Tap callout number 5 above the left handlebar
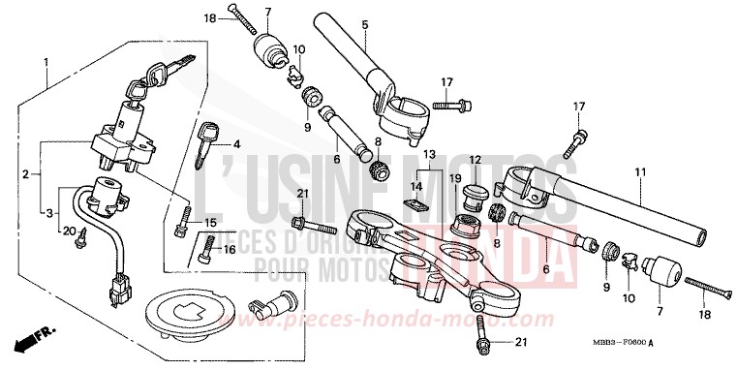coord(364,23)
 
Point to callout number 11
coord(639,172)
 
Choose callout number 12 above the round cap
coord(476,160)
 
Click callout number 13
coord(430,154)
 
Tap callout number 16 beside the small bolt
coord(229,249)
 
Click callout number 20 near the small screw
coord(69,231)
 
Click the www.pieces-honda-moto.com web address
coord(455,318)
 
